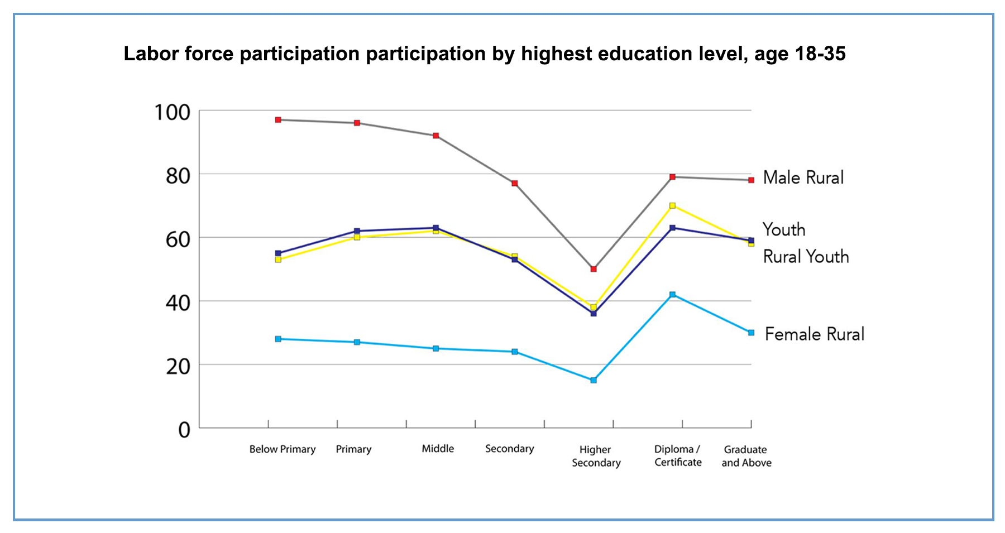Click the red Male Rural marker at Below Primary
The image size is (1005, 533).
pyautogui.click(x=278, y=120)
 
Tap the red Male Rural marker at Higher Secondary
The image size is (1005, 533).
pyautogui.click(x=594, y=269)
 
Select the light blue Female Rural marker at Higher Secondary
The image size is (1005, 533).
pyautogui.click(x=594, y=380)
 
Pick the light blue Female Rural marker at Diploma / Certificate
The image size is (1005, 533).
pyautogui.click(x=672, y=295)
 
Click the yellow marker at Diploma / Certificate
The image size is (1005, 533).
pyautogui.click(x=672, y=206)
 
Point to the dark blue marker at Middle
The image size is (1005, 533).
pyautogui.click(x=436, y=228)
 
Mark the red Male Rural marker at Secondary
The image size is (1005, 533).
pyautogui.click(x=515, y=183)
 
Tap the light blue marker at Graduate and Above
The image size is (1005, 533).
pyautogui.click(x=751, y=333)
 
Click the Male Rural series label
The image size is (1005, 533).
pyautogui.click(x=803, y=177)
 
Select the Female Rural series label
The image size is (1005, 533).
pyautogui.click(x=814, y=334)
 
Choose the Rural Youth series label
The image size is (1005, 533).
pyautogui.click(x=806, y=257)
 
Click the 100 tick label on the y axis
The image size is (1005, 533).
pyautogui.click(x=172, y=113)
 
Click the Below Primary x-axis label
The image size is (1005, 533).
pyautogui.click(x=283, y=449)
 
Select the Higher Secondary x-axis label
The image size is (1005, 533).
pyautogui.click(x=596, y=456)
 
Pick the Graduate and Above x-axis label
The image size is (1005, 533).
pyautogui.click(x=746, y=456)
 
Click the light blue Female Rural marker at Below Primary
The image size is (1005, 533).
pyautogui.click(x=278, y=339)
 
